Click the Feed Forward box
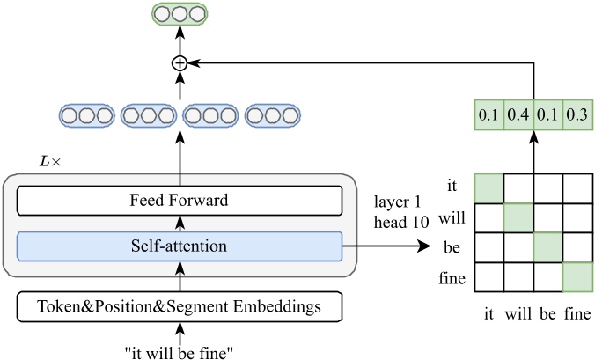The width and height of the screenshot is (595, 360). pos(179,201)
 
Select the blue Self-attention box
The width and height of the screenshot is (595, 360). pos(179,246)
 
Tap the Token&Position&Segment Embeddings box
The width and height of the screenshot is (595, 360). pos(179,306)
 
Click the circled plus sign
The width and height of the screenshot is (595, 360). pos(180,62)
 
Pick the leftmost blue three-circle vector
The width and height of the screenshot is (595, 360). pos(86,115)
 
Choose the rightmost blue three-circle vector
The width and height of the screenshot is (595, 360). pos(273,115)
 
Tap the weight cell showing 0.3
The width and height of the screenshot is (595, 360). pos(577,115)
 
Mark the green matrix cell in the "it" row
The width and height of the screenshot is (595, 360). pos(488,187)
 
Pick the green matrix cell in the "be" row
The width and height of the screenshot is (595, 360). pos(547,246)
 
